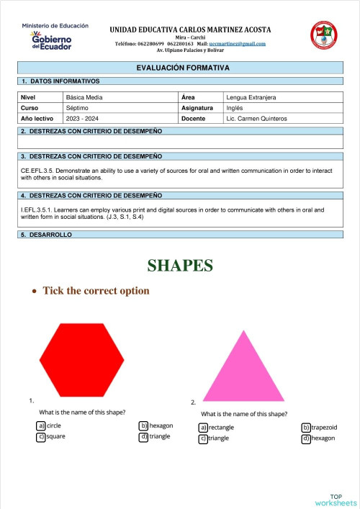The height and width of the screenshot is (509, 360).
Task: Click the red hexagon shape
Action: pos(76,356)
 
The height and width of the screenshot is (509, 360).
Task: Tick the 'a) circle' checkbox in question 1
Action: pos(41,425)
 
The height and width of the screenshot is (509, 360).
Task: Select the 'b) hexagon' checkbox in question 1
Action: pos(144,425)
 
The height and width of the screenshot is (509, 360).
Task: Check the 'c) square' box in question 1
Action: pos(41,436)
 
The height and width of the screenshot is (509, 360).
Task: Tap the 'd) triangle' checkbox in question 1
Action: pos(144,436)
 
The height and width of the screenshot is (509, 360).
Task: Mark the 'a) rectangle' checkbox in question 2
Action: pos(204,427)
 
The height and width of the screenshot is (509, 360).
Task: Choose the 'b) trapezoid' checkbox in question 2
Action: pos(306,427)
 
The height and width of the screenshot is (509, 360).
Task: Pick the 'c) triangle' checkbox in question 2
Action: pos(204,438)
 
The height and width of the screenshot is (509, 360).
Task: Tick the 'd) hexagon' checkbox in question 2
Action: pos(306,438)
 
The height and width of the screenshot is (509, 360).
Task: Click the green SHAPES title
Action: pos(180,266)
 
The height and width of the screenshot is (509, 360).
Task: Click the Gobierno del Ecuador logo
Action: pos(53,38)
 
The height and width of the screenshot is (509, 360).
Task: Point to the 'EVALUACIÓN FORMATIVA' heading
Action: pos(183,68)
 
